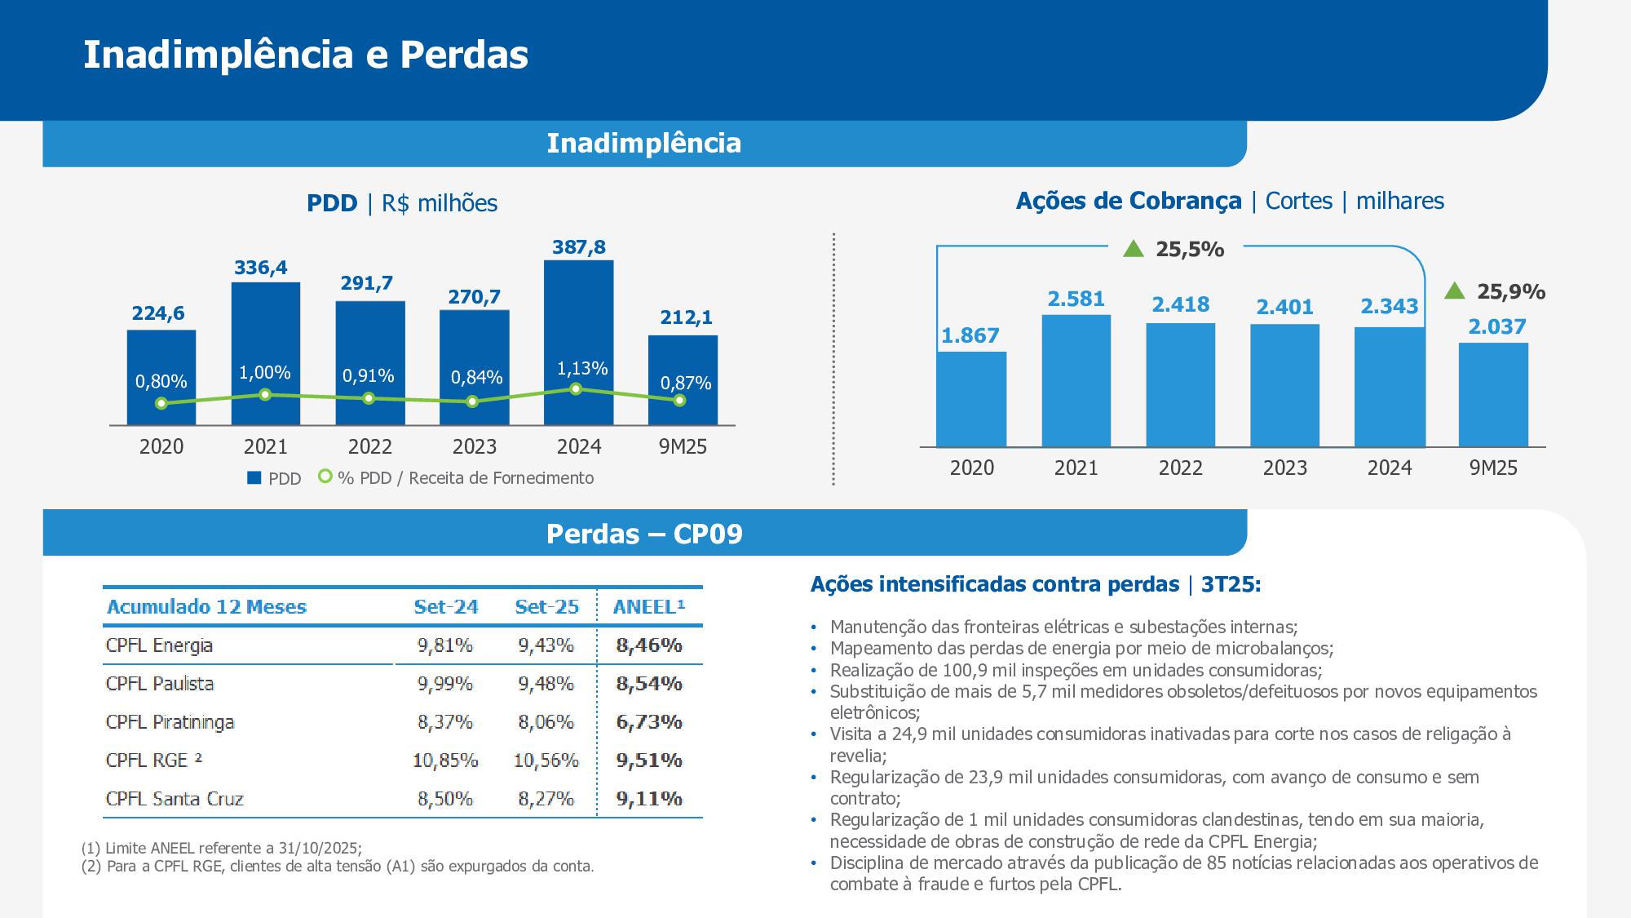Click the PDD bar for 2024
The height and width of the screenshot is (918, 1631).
click(578, 326)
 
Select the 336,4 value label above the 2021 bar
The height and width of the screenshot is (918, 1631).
click(261, 268)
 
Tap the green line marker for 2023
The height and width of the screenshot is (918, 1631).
click(472, 401)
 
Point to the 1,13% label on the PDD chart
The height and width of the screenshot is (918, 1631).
click(582, 369)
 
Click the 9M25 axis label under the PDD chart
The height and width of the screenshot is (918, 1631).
click(683, 446)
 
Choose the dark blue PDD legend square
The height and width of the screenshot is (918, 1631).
click(254, 478)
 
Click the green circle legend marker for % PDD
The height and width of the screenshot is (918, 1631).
click(325, 477)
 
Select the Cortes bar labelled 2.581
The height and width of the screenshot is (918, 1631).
click(1076, 380)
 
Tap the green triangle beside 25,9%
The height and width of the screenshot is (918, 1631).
click(1454, 291)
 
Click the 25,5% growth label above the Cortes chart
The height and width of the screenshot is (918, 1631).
click(1190, 250)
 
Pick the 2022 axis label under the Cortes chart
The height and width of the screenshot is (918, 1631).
click(1180, 468)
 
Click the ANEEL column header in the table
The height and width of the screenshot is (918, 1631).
click(649, 607)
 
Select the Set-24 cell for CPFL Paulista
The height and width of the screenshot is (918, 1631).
click(445, 684)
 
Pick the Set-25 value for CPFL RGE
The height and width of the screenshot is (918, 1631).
click(546, 761)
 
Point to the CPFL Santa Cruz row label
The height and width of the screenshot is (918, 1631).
click(175, 799)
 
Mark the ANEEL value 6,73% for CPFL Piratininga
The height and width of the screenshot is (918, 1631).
click(649, 722)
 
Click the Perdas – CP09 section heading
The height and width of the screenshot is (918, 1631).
click(644, 534)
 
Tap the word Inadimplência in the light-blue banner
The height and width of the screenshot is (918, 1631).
click(643, 144)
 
